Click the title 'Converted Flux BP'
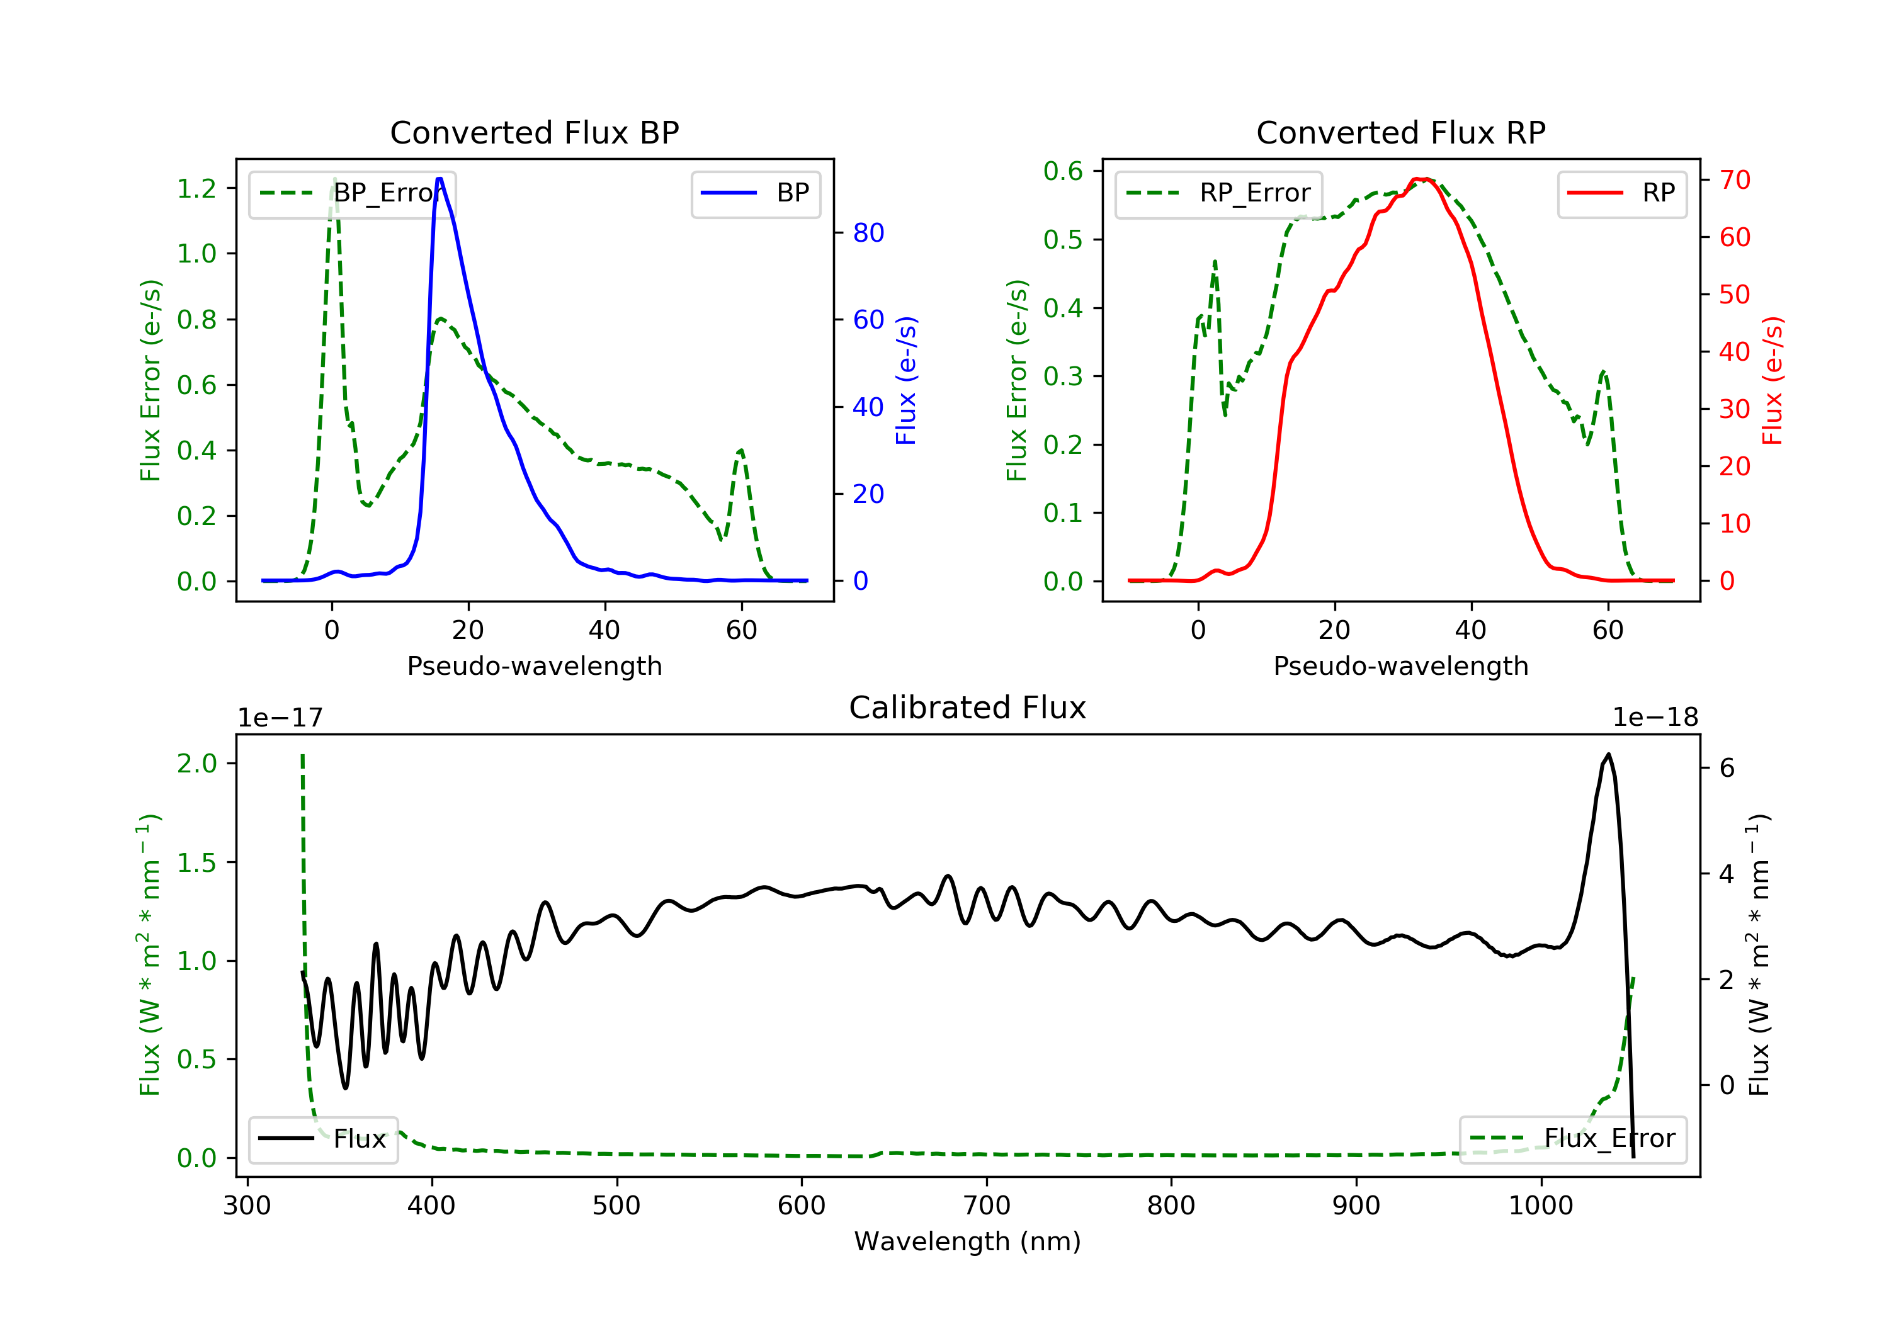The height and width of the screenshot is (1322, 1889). click(534, 132)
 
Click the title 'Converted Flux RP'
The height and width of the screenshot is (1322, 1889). click(1400, 132)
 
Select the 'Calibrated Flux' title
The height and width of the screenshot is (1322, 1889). click(968, 708)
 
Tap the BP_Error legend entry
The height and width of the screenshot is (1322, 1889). click(351, 193)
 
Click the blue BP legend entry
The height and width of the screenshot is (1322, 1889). click(755, 193)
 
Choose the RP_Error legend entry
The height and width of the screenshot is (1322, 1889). click(1218, 193)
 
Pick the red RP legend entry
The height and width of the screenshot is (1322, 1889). click(1621, 193)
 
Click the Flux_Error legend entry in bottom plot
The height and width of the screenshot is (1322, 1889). click(1572, 1139)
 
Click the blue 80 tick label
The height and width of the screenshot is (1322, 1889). click(868, 233)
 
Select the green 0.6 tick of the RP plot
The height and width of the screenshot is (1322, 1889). click(1063, 171)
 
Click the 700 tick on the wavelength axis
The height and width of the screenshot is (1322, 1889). click(987, 1206)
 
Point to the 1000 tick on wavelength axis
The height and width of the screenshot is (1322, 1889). click(1541, 1206)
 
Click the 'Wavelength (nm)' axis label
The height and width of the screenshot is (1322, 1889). click(968, 1241)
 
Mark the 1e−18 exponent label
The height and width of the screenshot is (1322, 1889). click(1655, 718)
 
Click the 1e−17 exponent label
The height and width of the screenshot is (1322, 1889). click(281, 718)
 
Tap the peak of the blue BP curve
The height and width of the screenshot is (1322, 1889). click(440, 179)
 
